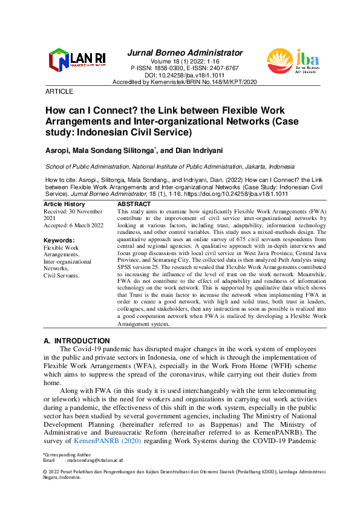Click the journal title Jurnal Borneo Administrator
point(185,53)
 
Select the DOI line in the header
point(185,75)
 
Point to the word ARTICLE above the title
point(59,91)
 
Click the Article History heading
point(65,205)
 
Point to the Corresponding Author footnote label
point(65,454)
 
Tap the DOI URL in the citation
point(220,194)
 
